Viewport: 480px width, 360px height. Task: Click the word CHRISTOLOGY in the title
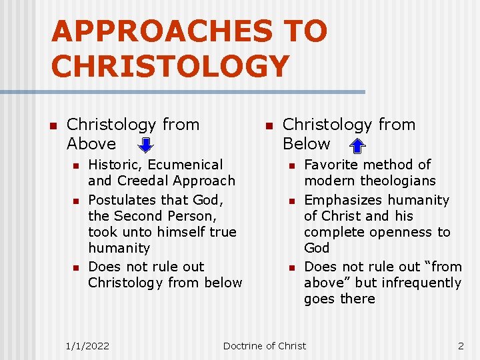[170, 66]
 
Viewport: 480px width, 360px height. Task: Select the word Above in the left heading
[91, 144]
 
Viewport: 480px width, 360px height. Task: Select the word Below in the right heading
[307, 144]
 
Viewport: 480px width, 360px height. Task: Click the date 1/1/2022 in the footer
[87, 345]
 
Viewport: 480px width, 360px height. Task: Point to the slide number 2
[460, 345]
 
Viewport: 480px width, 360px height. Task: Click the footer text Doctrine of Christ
[265, 345]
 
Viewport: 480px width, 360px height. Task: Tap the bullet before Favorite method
[291, 165]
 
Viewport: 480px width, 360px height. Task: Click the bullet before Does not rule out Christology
[75, 267]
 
